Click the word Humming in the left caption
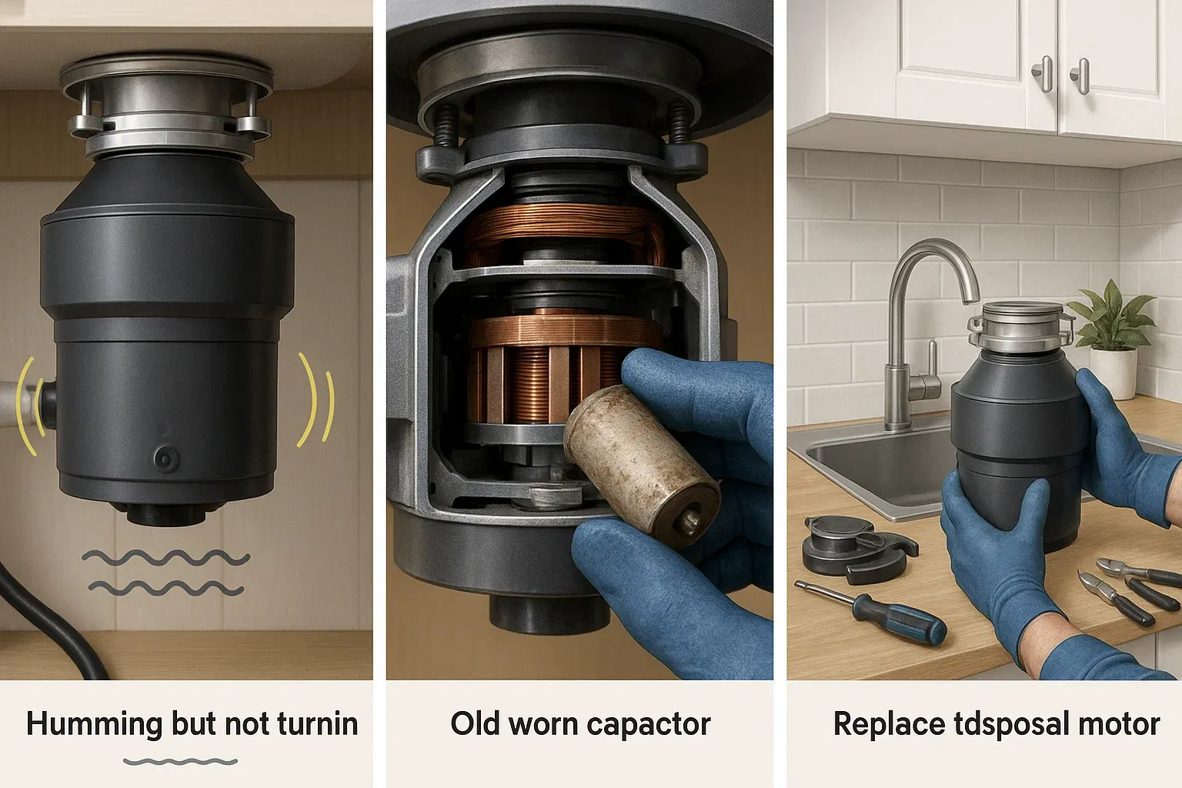94,725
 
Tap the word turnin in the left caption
317,723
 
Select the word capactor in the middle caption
649,725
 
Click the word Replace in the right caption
889,725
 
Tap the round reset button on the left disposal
166,458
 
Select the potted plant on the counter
1110,338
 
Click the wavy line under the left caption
181,762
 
